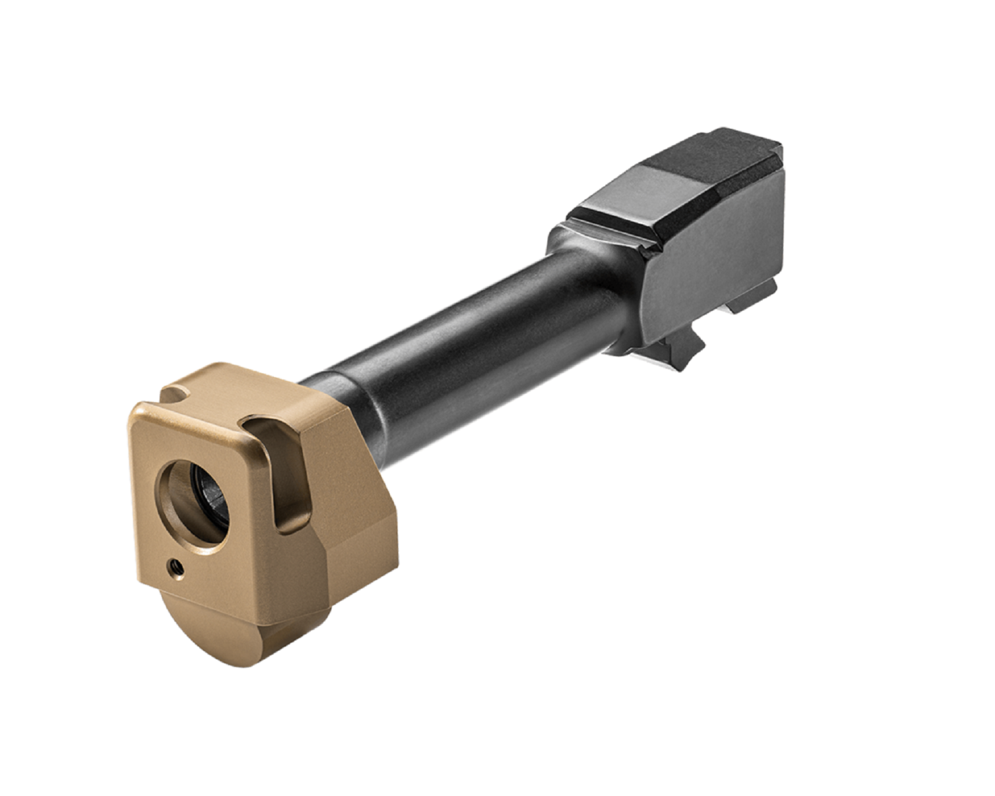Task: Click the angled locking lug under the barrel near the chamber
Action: [681, 349]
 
